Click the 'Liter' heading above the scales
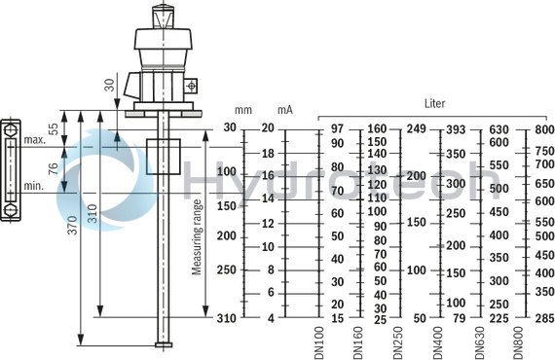point(435,102)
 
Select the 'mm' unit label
point(243,110)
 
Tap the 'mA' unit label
point(284,110)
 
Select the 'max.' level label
point(35,140)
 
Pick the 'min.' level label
point(35,185)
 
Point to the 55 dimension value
point(53,126)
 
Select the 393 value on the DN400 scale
point(456,128)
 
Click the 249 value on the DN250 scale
point(416,128)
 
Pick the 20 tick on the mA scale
point(268,128)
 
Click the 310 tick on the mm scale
point(226,318)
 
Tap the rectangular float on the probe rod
point(163,157)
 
